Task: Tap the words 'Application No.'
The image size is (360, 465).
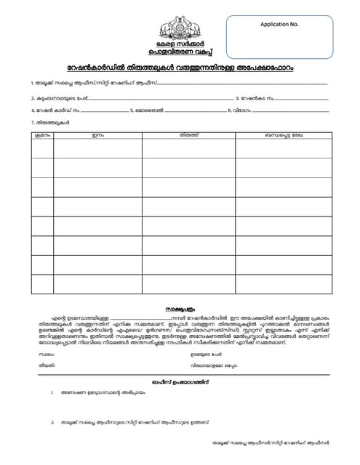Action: (x=279, y=24)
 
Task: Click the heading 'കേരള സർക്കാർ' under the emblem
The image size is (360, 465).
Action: (x=180, y=46)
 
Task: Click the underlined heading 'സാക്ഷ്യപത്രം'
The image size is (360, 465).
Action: (x=180, y=308)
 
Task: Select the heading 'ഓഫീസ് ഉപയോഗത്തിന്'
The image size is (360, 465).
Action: (x=180, y=381)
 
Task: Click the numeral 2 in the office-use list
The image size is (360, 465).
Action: (x=53, y=422)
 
